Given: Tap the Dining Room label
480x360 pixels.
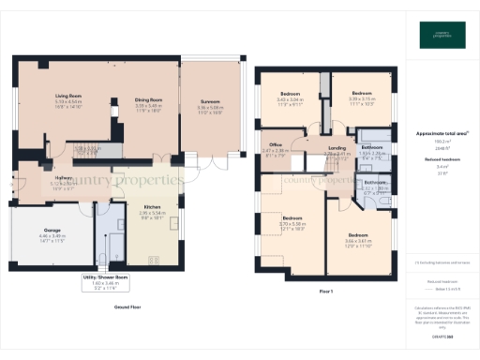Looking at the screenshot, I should (x=149, y=99).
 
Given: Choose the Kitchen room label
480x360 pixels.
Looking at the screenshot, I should (x=152, y=207).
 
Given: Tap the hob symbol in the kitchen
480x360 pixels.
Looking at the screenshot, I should (x=154, y=260).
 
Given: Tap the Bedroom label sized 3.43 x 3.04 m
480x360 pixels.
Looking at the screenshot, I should (x=290, y=94).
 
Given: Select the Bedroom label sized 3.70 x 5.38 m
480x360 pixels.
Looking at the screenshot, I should (x=292, y=218).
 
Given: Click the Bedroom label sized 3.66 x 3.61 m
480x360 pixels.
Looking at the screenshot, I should (x=358, y=234).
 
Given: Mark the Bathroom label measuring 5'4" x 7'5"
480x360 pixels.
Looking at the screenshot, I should (x=373, y=147).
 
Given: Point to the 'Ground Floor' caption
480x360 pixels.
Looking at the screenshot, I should (x=127, y=307).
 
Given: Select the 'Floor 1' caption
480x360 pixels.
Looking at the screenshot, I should (x=326, y=293).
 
